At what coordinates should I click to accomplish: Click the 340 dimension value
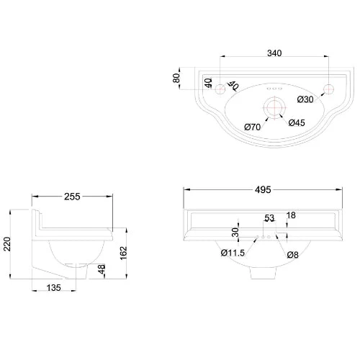point(274,53)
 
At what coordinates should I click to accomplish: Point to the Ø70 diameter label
point(252,127)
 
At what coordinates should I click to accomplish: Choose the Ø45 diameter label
point(297,122)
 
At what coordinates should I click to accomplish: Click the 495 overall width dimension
point(263,190)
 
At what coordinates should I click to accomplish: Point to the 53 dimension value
point(269,218)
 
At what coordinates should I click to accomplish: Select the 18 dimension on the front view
point(290,215)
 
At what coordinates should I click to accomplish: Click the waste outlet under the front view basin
point(262,274)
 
